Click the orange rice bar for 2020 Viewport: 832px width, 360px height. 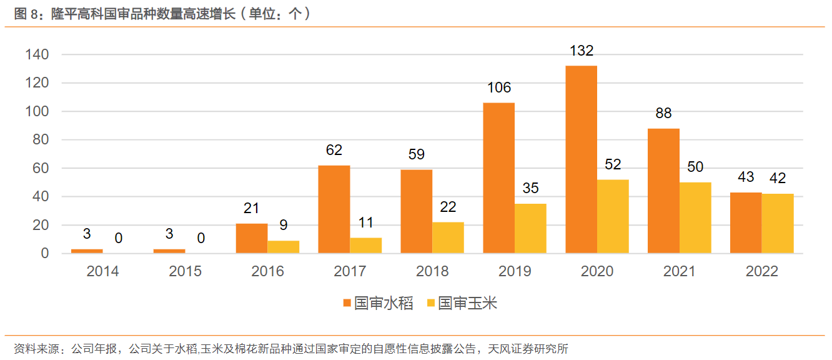pyautogui.click(x=581, y=159)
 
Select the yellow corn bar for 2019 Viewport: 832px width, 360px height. pyautogui.click(x=530, y=228)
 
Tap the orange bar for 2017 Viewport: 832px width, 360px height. pyautogui.click(x=334, y=209)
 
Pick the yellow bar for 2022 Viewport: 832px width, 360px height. pyautogui.click(x=777, y=223)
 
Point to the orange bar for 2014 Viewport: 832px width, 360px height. pyautogui.click(x=87, y=251)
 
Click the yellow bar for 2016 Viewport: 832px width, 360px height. pyautogui.click(x=284, y=247)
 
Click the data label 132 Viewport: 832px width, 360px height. pyautogui.click(x=581, y=51)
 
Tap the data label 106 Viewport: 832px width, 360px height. pyautogui.click(x=499, y=87)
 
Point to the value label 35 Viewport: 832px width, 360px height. pyautogui.click(x=530, y=189)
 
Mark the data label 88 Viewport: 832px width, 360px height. pyautogui.click(x=663, y=114)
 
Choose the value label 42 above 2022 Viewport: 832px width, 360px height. pyautogui.click(x=777, y=178)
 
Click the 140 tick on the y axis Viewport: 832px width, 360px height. pyautogui.click(x=37, y=55)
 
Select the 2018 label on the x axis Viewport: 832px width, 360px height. pyautogui.click(x=432, y=271)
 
